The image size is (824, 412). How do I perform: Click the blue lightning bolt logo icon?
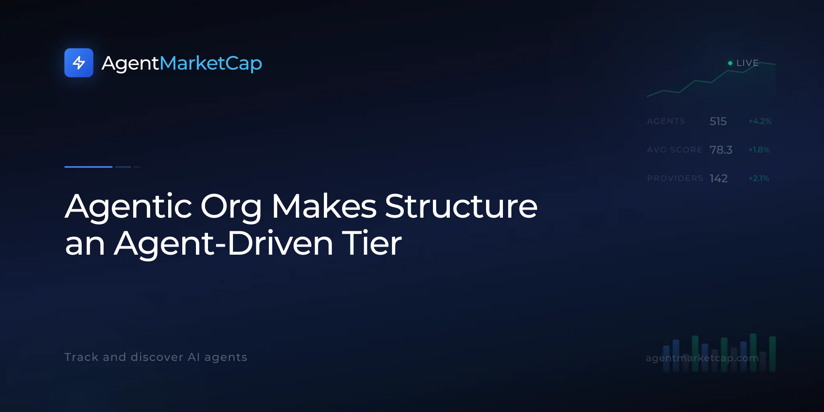tap(79, 63)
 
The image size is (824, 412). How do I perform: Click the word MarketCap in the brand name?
tap(211, 64)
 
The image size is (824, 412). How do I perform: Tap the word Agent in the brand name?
tap(131, 64)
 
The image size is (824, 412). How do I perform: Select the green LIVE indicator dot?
tap(730, 63)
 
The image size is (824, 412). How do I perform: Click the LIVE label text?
tap(747, 63)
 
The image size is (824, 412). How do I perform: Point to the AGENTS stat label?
tap(666, 121)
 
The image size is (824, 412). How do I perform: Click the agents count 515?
tap(718, 121)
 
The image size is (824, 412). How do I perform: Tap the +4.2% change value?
tap(760, 121)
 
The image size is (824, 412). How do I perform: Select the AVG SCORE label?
tap(674, 150)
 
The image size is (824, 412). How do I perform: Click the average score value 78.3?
tap(721, 150)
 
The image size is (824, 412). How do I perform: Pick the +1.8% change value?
tap(759, 150)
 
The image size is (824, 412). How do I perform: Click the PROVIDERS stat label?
tap(675, 178)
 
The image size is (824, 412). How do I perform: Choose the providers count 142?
tap(719, 178)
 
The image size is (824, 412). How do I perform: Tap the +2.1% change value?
tap(758, 178)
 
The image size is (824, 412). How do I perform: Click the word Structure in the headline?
tap(461, 206)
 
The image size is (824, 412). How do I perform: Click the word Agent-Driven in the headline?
tap(224, 244)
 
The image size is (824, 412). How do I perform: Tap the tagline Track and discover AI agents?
tap(156, 357)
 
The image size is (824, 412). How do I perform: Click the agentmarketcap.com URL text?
tap(702, 358)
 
